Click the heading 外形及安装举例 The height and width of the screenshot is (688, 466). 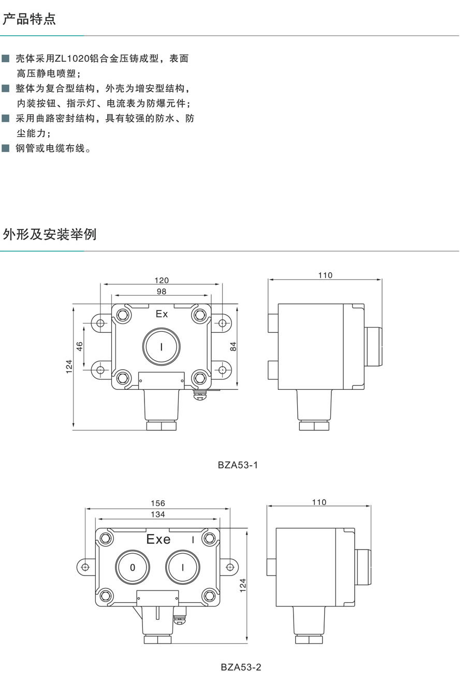pos(50,234)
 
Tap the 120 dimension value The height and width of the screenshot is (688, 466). pos(162,280)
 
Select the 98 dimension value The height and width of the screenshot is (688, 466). pos(162,292)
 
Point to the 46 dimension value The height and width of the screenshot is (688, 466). pos(80,346)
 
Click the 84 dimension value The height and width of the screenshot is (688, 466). pos(234,346)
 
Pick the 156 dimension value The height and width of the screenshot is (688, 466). pos(158,503)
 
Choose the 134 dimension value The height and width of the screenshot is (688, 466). pos(158,514)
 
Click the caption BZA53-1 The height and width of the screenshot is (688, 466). pos(238,465)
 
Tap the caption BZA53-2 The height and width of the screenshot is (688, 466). pos(241,667)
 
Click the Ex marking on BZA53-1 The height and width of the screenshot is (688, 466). pos(162,314)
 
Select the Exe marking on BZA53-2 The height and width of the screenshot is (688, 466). pos(158,539)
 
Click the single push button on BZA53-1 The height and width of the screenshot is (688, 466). pos(161,346)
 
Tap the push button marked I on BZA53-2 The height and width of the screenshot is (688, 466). pos(183,567)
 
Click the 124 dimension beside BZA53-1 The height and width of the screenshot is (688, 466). pos(69,366)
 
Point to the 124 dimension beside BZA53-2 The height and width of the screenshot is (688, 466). pos(243,584)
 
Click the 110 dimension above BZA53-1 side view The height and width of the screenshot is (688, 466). pos(325,275)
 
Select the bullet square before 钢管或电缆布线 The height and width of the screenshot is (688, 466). pos(6,149)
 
